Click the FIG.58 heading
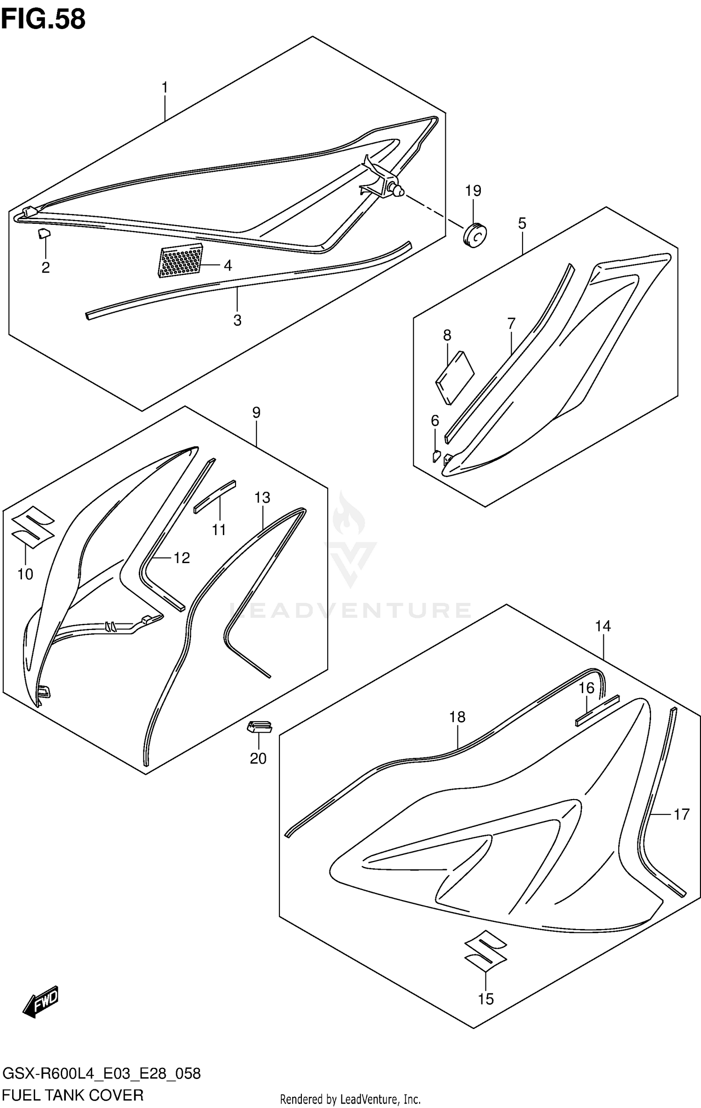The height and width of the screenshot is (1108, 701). pyautogui.click(x=43, y=20)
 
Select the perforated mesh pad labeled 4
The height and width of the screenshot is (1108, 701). pyautogui.click(x=181, y=261)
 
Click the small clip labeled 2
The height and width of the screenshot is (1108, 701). pyautogui.click(x=44, y=233)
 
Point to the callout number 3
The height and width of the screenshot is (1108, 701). pyautogui.click(x=237, y=321)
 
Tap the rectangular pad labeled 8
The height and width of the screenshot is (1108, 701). pyautogui.click(x=455, y=377)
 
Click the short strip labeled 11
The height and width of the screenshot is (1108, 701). pyautogui.click(x=215, y=496)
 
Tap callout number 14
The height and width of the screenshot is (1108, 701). pyautogui.click(x=603, y=626)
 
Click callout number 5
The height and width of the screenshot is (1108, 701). pyautogui.click(x=522, y=223)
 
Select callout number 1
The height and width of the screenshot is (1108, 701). pyautogui.click(x=165, y=87)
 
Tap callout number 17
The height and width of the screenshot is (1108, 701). pyautogui.click(x=681, y=815)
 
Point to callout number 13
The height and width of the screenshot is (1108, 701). pyautogui.click(x=263, y=498)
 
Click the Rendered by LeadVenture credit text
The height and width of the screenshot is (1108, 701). pyautogui.click(x=350, y=1099)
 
